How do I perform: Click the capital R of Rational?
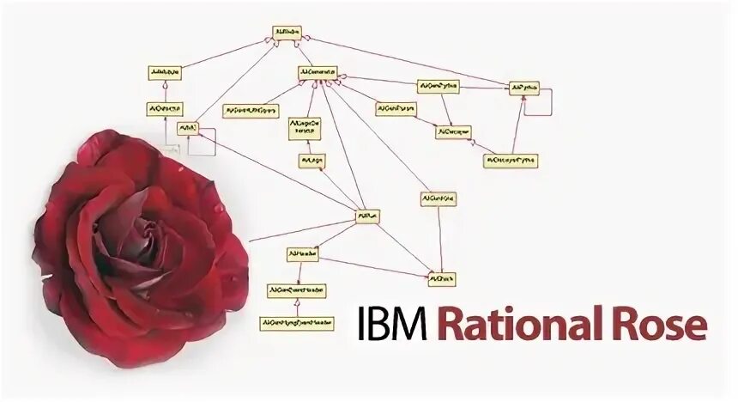pyautogui.click(x=451, y=326)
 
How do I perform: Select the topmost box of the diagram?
pyautogui.click(x=287, y=33)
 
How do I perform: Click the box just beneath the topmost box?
pyautogui.click(x=318, y=72)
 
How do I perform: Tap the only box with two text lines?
pyautogui.click(x=305, y=128)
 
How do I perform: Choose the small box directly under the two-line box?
pyautogui.click(x=310, y=161)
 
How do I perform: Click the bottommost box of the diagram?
pyautogui.click(x=296, y=323)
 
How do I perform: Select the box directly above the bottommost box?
pyautogui.click(x=296, y=291)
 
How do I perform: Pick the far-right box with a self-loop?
pyautogui.click(x=523, y=88)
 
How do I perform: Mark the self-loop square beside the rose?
pyautogui.click(x=203, y=144)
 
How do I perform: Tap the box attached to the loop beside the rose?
pyautogui.click(x=188, y=128)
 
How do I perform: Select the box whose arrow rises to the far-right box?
pyautogui.click(x=510, y=160)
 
